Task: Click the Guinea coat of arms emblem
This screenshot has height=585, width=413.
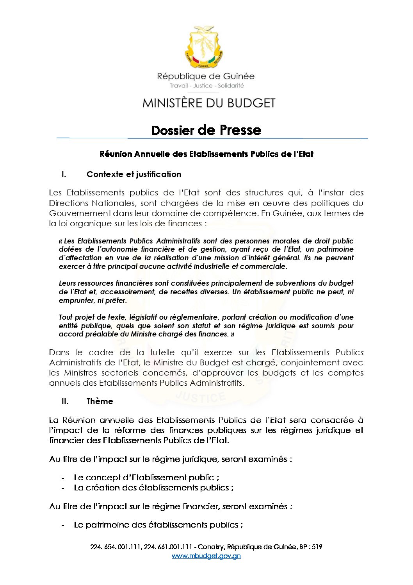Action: pyautogui.click(x=203, y=47)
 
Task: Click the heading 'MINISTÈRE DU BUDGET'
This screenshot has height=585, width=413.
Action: pyautogui.click(x=209, y=103)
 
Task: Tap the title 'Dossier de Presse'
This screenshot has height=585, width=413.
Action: pyautogui.click(x=206, y=130)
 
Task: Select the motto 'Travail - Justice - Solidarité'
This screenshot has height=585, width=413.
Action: pyautogui.click(x=206, y=86)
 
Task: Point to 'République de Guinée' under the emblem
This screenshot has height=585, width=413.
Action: pyautogui.click(x=206, y=76)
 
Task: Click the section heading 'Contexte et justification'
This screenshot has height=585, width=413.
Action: pyautogui.click(x=134, y=174)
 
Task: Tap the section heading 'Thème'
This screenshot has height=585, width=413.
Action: pyautogui.click(x=100, y=401)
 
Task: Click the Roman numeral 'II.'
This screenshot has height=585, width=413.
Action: pyautogui.click(x=65, y=401)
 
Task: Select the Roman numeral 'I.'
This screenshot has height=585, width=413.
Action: pyautogui.click(x=64, y=174)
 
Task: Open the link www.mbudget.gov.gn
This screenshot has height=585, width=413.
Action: pyautogui.click(x=206, y=556)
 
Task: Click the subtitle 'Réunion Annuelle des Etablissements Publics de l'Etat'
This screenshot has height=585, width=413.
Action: pyautogui.click(x=206, y=154)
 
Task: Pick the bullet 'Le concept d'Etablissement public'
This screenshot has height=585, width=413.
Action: pyautogui.click(x=146, y=478)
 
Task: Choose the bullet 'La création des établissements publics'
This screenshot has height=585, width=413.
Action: pyautogui.click(x=154, y=488)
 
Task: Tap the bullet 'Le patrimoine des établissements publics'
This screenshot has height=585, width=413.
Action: pyautogui.click(x=158, y=525)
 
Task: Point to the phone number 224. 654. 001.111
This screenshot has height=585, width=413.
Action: pyautogui.click(x=115, y=547)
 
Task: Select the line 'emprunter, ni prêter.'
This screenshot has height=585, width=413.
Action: pyautogui.click(x=93, y=301)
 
